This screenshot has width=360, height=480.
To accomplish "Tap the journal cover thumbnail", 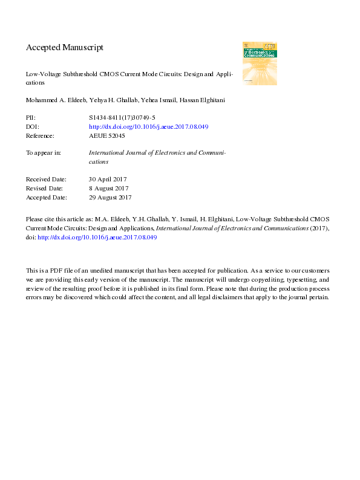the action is (260, 63).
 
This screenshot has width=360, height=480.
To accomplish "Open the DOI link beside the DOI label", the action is (148, 127).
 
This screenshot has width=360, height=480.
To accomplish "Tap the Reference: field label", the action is (41, 135).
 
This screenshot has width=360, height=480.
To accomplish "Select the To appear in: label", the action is (44, 153).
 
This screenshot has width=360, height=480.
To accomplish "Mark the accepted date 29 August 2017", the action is (110, 197).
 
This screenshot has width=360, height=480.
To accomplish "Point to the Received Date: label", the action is (46, 180).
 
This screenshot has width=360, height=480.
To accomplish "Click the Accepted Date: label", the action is (47, 197).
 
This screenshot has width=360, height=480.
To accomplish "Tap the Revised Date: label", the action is (45, 189).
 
